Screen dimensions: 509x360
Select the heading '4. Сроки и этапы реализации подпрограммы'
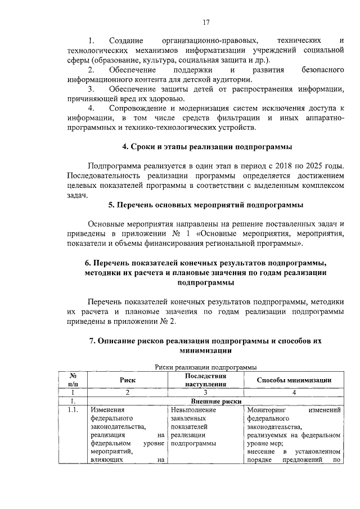(207, 147)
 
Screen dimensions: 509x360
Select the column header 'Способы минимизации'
(294, 380)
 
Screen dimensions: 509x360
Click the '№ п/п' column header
(73, 380)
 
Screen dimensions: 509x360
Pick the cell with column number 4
(294, 392)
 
